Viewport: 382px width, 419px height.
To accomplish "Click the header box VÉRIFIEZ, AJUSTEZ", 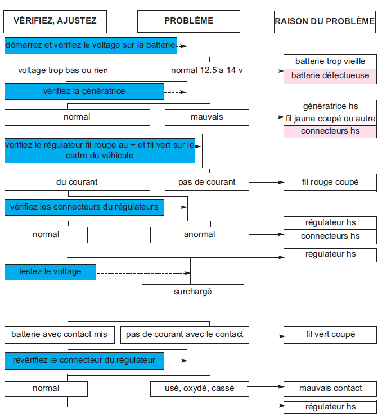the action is [x=55, y=22].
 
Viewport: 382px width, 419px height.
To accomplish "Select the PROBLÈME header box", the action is [x=188, y=21].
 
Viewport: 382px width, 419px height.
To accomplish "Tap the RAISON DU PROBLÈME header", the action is [x=325, y=22].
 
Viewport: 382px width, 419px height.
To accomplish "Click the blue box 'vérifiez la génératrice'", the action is [x=84, y=92].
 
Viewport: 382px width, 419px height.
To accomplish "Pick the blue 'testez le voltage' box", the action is [x=50, y=272].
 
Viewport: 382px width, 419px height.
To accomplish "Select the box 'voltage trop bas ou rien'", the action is [x=63, y=71].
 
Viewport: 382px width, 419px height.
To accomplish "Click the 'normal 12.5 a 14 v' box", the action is [x=207, y=71].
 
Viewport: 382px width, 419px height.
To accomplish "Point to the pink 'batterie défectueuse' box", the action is [x=331, y=76].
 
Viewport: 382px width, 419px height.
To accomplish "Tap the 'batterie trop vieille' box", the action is [x=331, y=62].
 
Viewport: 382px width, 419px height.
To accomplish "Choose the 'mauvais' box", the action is [x=207, y=117].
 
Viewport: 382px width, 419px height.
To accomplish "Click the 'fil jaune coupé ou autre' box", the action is [x=331, y=119].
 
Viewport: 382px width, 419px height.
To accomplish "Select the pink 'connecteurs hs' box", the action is [x=331, y=131].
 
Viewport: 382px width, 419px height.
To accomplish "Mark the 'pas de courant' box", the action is [x=207, y=182].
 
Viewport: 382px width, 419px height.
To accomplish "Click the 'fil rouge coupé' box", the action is [x=331, y=183].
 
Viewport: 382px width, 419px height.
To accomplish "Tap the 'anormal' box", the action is [x=200, y=235].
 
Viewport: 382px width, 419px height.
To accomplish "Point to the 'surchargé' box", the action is [x=193, y=292].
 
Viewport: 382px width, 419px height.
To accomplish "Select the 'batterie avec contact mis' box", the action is [x=60, y=335].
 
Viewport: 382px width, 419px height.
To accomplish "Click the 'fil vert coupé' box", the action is [x=331, y=335].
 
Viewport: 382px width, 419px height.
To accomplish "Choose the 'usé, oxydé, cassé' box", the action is [x=200, y=389].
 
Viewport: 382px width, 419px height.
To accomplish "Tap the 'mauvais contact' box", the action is [x=331, y=389].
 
